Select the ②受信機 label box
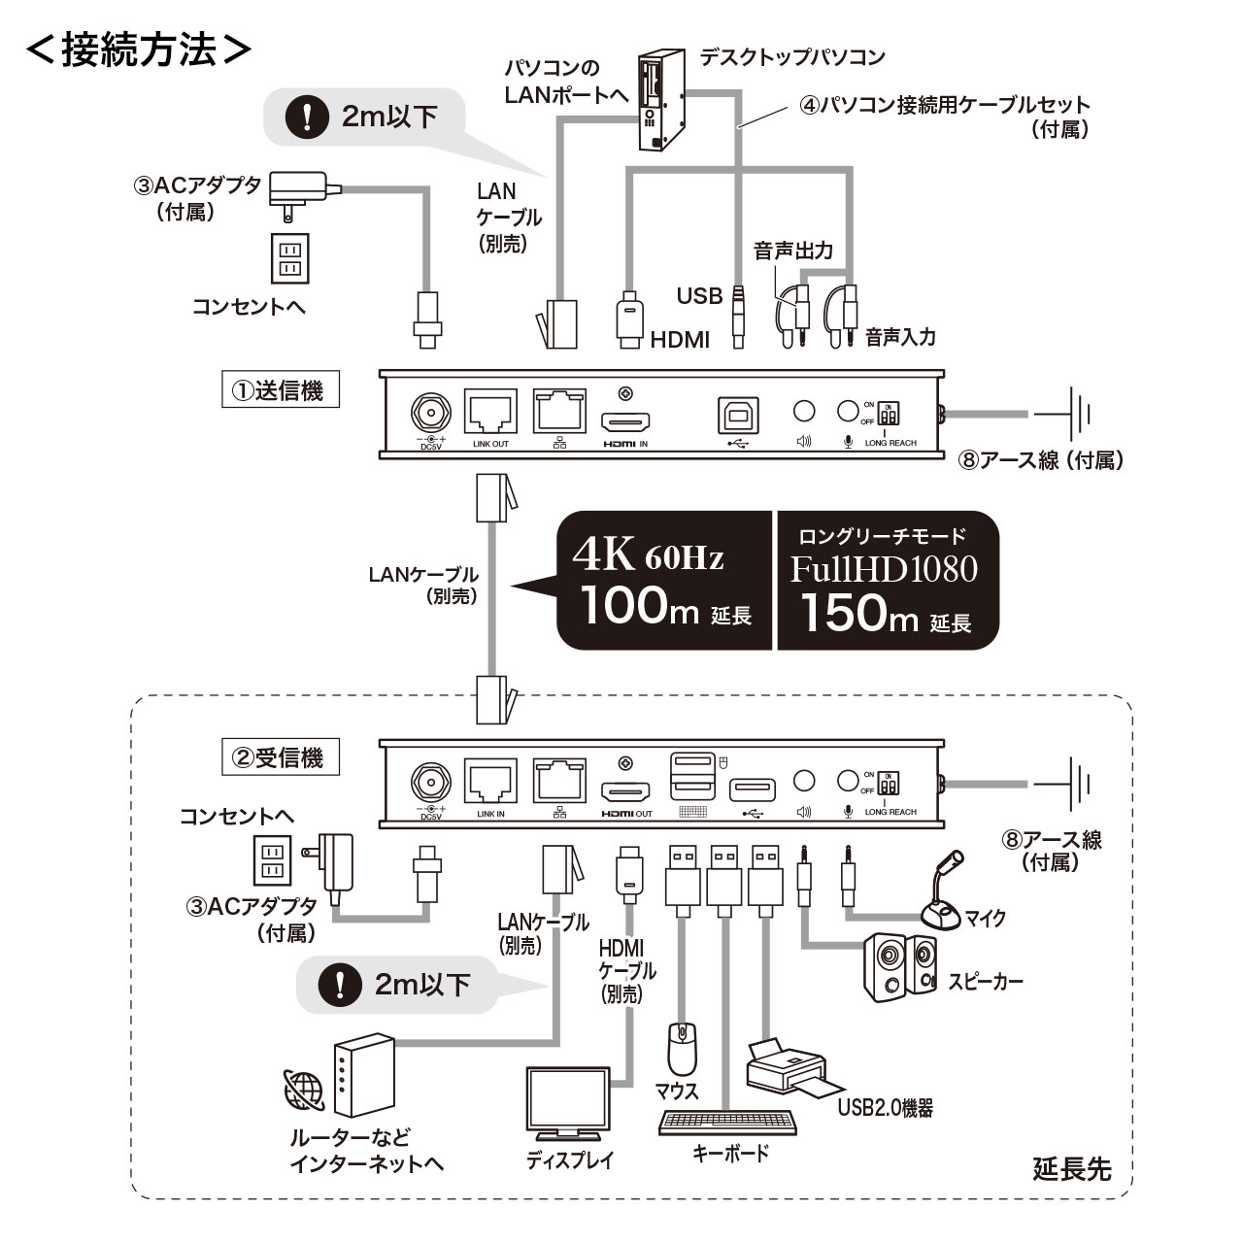(x=280, y=757)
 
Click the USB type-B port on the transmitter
(x=738, y=415)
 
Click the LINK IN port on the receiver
(x=490, y=780)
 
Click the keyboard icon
(x=727, y=1122)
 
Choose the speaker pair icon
(x=900, y=965)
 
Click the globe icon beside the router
(x=304, y=1091)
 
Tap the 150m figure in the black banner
(x=857, y=612)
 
